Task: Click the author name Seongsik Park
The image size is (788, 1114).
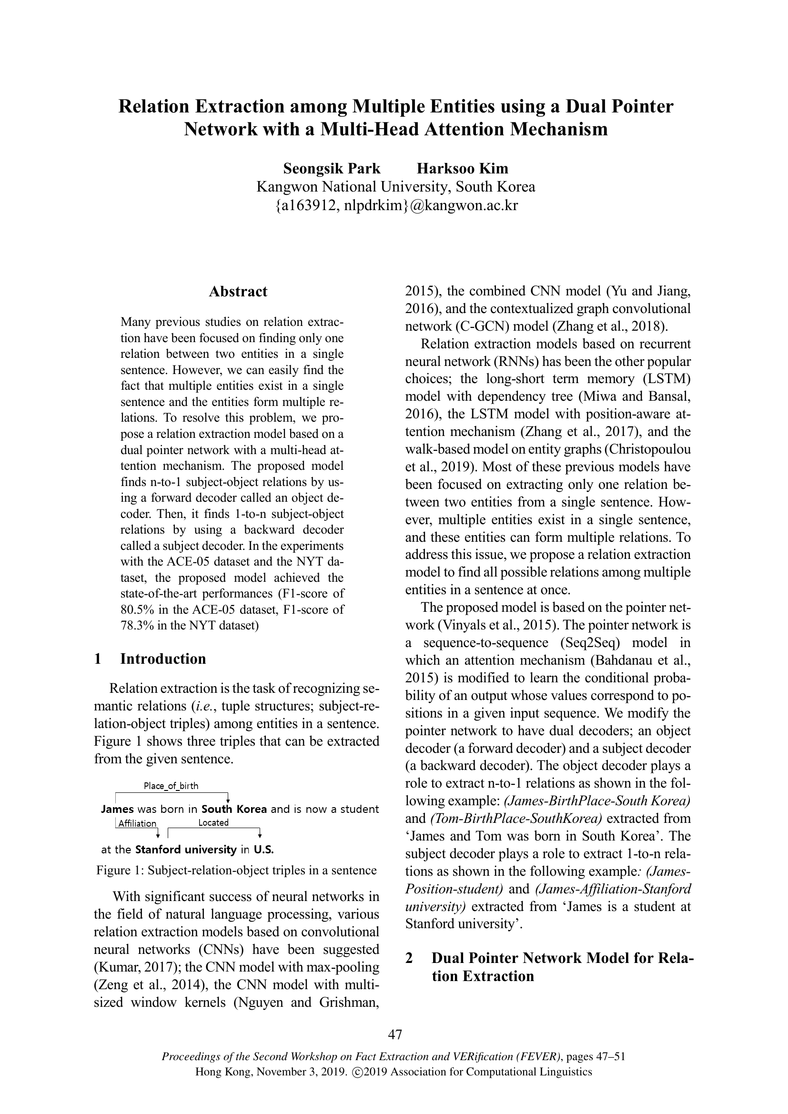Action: coord(332,168)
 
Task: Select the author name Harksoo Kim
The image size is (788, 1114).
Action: coord(463,168)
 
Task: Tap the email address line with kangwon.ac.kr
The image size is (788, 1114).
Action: coord(396,205)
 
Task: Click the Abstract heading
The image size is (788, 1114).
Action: coord(238,292)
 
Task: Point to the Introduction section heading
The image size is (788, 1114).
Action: coord(163,659)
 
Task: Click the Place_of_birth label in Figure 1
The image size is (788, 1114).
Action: coord(171,786)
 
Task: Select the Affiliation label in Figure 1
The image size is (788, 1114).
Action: coord(137,823)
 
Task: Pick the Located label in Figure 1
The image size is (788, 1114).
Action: coord(213,822)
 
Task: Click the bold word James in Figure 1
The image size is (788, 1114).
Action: coord(117,809)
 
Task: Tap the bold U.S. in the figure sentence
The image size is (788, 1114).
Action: coord(264,850)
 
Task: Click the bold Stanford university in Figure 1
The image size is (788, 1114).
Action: coord(185,850)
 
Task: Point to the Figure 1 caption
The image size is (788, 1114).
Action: coord(236,871)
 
